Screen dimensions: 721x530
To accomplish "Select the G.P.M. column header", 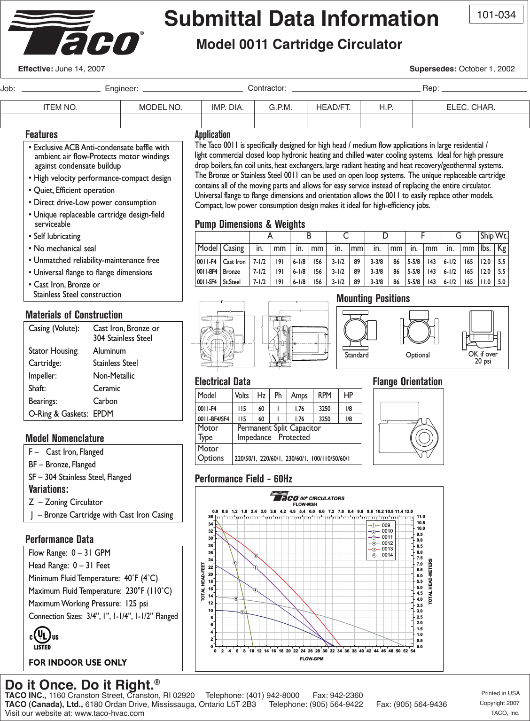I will coord(281,108).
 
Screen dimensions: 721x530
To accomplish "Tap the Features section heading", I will coord(41,135).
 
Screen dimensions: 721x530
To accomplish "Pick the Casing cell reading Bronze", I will coord(232,272).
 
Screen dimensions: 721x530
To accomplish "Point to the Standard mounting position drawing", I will coord(359,331).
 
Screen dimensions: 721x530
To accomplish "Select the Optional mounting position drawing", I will coord(417,331).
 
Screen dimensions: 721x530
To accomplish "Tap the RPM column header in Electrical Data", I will coord(324,395).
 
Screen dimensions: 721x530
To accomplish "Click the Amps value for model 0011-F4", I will coord(299,409).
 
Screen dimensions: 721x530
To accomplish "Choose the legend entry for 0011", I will coord(387,537).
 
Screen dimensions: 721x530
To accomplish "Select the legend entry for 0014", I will coord(387,555).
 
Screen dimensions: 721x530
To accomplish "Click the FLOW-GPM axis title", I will coord(312,659).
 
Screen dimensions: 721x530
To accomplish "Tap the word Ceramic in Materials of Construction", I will coord(107,388).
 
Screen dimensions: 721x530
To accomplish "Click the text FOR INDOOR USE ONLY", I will coord(78,662).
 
